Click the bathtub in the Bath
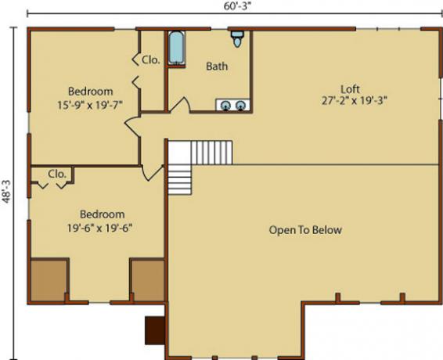pyautogui.click(x=177, y=48)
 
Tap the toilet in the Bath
pyautogui.click(x=237, y=39)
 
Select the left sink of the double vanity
pyautogui.click(x=225, y=106)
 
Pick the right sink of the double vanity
pyautogui.click(x=240, y=106)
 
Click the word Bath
pyautogui.click(x=217, y=67)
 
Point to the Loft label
pyautogui.click(x=350, y=89)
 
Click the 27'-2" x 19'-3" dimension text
pyautogui.click(x=354, y=101)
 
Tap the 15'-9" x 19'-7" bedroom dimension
pyautogui.click(x=90, y=105)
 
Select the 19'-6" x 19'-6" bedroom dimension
pyautogui.click(x=99, y=228)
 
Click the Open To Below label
pyautogui.click(x=305, y=230)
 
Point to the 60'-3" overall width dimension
pyautogui.click(x=237, y=6)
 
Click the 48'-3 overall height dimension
pyautogui.click(x=6, y=191)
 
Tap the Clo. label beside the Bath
pyautogui.click(x=150, y=60)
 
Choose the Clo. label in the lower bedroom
pyautogui.click(x=57, y=174)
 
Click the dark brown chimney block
pyautogui.click(x=155, y=330)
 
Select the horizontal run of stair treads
pyautogui.click(x=211, y=153)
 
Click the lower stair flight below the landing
pyautogui.click(x=180, y=180)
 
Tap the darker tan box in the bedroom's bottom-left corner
pyautogui.click(x=49, y=280)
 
